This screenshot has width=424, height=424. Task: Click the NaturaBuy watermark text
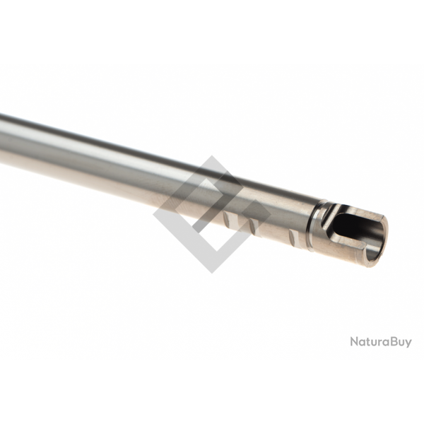[381, 342]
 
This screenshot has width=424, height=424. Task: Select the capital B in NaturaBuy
[391, 342]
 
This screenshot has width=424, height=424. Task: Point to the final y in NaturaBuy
[408, 344]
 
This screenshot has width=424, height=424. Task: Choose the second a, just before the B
[384, 343]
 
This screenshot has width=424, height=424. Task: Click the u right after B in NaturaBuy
[400, 343]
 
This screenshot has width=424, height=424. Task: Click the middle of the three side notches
[252, 225]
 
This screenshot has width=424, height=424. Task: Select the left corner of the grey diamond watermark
[155, 214]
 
